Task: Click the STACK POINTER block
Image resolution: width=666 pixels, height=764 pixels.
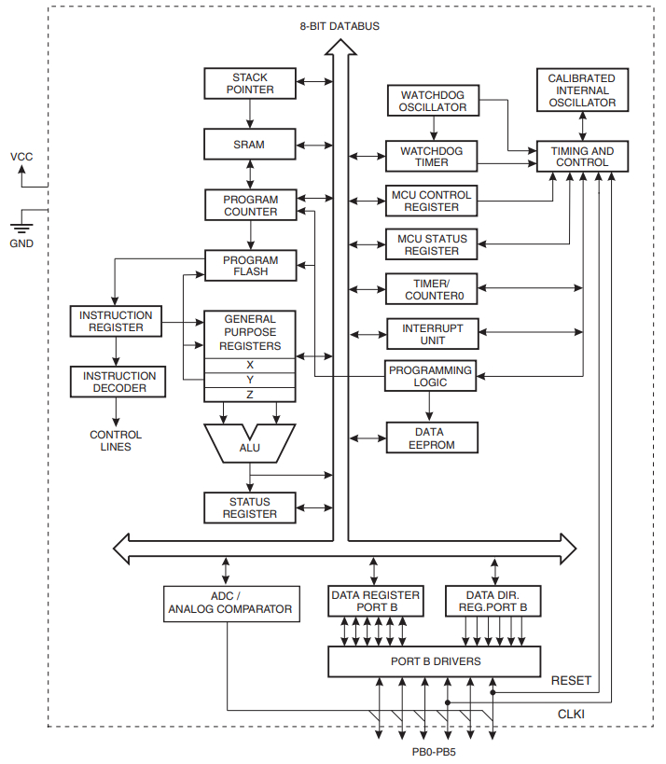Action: tap(250, 83)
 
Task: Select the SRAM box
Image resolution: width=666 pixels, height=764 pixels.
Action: tap(250, 145)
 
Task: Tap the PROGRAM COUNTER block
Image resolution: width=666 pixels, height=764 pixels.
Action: tap(250, 205)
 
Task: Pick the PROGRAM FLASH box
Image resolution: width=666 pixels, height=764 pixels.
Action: tap(250, 266)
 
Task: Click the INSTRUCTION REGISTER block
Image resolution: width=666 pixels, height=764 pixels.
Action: tap(116, 321)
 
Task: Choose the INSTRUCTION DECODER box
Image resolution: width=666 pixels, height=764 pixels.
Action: tap(116, 382)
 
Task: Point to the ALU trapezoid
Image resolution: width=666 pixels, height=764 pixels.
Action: tap(249, 447)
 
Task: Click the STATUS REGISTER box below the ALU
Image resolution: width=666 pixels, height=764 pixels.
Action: tap(250, 507)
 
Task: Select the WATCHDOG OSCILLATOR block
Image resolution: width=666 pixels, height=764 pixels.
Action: tap(432, 102)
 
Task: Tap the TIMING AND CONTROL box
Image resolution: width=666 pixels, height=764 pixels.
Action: tap(582, 157)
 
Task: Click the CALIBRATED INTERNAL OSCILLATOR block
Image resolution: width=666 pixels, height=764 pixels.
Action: tap(582, 90)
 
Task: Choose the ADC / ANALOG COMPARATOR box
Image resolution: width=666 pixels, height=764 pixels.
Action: tap(231, 604)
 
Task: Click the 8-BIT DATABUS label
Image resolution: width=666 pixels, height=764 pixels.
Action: tap(340, 26)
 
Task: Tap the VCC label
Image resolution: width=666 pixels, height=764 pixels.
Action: tap(21, 157)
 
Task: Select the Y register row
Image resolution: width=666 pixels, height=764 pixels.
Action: tap(250, 379)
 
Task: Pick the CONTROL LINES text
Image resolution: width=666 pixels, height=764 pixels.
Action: tap(116, 440)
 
